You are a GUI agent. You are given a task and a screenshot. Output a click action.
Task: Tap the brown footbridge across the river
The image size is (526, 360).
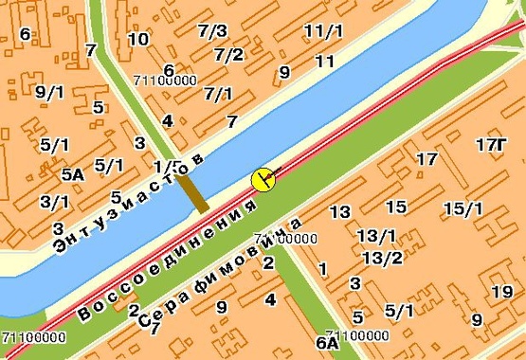coord(193,190)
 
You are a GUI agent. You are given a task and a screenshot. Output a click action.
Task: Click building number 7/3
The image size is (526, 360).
coord(212,31)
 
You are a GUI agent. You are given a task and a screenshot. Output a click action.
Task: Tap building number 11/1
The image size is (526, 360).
coord(323,31)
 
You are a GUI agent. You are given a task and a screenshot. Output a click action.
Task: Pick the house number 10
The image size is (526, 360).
coord(138,39)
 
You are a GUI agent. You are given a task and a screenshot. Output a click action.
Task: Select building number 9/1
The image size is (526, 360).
coord(47,92)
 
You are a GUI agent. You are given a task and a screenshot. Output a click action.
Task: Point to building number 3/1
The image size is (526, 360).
coord(54,202)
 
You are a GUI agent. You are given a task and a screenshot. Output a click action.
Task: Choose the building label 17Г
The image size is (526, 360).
coord(491,144)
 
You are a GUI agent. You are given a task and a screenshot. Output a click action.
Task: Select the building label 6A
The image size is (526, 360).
coord(327,342)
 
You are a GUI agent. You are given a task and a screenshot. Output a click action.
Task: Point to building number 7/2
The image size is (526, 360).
coord(229,55)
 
